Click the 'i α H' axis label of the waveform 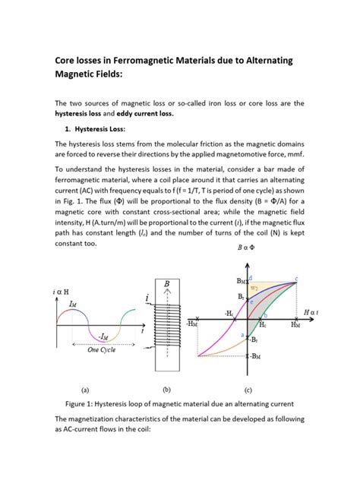[45, 292]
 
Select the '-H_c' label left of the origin [229, 314]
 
